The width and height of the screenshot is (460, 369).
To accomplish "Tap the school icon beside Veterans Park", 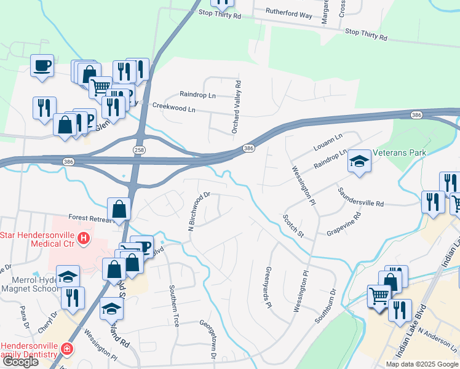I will (360, 162).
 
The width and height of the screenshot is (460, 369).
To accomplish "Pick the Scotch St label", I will (293, 226).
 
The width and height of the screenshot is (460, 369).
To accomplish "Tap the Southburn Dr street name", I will (325, 306).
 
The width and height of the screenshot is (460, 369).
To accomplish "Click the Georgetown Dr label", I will (207, 339).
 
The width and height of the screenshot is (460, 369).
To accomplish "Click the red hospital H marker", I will (84, 238).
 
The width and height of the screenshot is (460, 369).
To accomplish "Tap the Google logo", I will (20, 362).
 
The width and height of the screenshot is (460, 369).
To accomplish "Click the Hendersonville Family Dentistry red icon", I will (66, 350).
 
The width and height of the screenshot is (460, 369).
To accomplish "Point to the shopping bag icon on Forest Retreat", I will (119, 209).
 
